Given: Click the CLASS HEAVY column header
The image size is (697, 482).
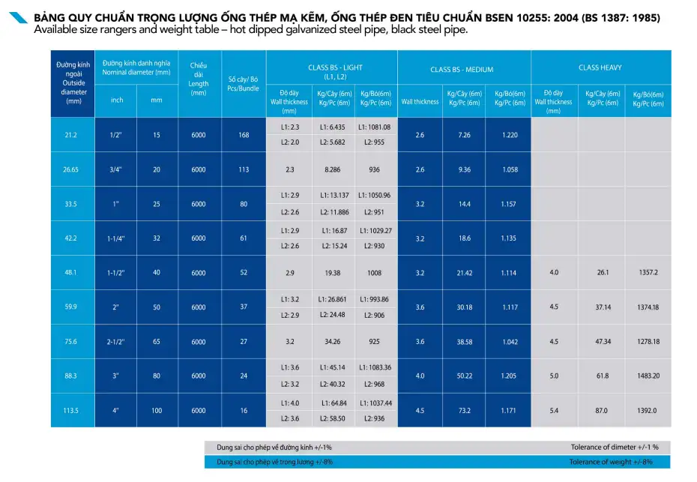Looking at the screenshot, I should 600,67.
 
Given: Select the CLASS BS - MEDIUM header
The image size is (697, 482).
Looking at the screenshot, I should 462,70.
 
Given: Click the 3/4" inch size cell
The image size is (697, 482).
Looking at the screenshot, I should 115,169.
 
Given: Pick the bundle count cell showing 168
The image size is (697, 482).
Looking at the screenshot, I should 243,135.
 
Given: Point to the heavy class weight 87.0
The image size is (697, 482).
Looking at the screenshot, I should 601,411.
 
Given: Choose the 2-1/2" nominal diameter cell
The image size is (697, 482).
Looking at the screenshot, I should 115,342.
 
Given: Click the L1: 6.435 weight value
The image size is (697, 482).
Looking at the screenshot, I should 332,127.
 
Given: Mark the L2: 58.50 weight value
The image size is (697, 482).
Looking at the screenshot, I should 332,418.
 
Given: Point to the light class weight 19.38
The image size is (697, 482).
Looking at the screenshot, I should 332,273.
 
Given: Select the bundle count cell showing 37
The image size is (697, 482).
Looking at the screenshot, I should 243,307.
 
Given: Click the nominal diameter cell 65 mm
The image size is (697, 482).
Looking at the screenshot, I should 157,342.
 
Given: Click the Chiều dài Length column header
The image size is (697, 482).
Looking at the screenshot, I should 199,79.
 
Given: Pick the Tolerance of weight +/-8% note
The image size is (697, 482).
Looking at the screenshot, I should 610,462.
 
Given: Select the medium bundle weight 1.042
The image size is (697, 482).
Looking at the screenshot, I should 510,342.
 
